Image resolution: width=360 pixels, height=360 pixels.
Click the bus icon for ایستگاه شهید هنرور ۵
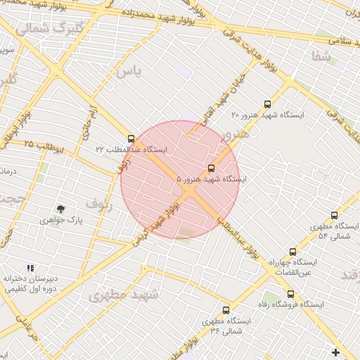tap(212, 168)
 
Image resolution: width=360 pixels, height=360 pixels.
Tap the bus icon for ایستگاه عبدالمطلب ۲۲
tap(131, 139)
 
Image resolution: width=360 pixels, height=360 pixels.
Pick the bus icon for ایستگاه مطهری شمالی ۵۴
tap(334, 215)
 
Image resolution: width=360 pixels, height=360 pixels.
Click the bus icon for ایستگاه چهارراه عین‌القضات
tap(292, 251)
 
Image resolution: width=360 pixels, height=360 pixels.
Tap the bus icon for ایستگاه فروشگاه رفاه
tap(290, 294)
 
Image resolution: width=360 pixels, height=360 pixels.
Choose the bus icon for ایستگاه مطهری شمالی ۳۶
tap(226, 309)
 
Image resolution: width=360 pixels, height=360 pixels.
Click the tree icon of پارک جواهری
tap(60, 209)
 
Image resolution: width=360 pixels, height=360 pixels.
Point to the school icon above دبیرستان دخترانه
tap(30, 268)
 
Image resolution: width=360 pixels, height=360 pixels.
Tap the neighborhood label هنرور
tap(235, 134)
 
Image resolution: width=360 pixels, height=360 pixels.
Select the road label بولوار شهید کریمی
tap(158, 223)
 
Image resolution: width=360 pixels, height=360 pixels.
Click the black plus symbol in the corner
tap(335, 352)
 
